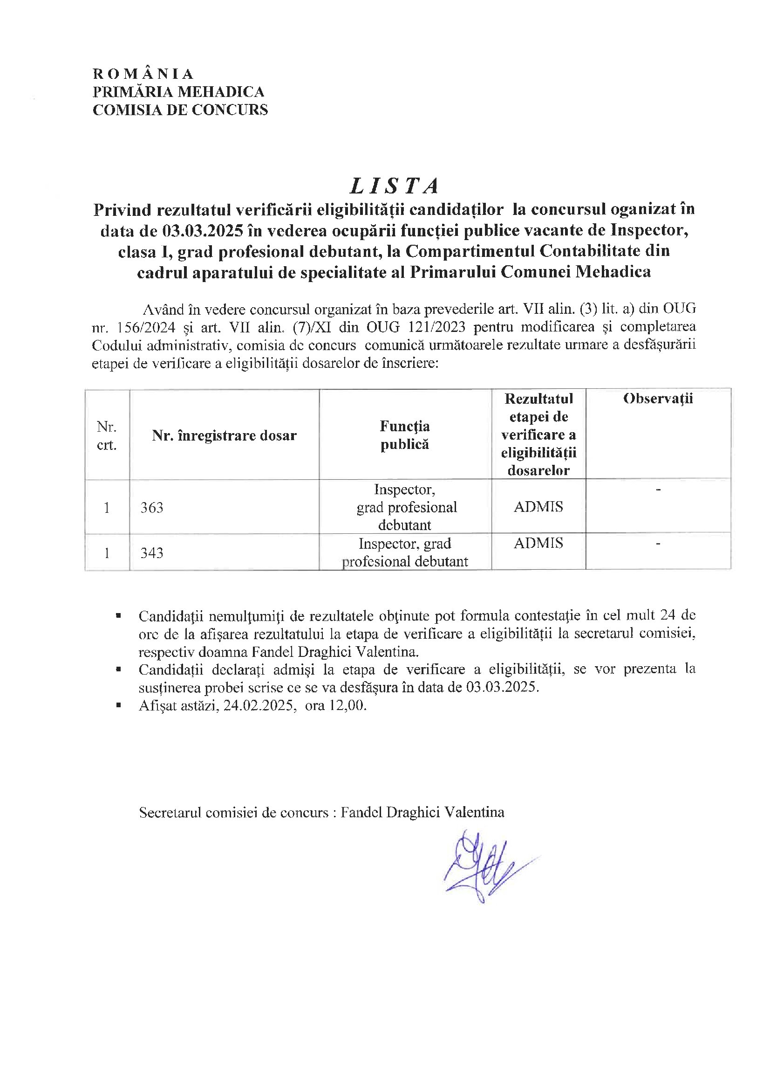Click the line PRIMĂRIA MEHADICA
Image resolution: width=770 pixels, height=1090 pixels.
(x=178, y=92)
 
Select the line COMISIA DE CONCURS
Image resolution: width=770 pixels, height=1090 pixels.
(x=180, y=110)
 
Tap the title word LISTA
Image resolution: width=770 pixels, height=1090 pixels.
(x=394, y=186)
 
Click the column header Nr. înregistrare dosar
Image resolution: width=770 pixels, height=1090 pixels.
(x=224, y=435)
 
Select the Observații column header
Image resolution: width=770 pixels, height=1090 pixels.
(x=658, y=398)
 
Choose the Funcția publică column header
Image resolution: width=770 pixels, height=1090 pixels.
(x=405, y=435)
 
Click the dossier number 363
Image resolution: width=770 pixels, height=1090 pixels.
(x=152, y=508)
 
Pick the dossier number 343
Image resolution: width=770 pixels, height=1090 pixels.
(x=152, y=552)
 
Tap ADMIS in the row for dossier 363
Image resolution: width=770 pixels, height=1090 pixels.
(x=538, y=507)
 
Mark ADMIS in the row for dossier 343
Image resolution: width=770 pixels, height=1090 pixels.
(x=538, y=543)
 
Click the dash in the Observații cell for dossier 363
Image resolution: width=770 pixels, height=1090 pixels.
(x=658, y=490)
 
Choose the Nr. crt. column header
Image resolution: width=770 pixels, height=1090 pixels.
(x=106, y=435)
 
